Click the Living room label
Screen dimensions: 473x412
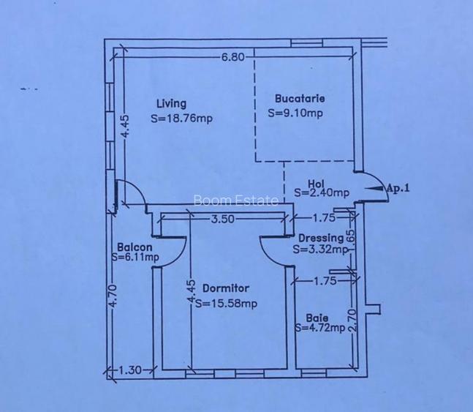[171, 104]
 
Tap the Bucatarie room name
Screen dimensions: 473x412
[300, 99]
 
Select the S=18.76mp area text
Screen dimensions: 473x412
[181, 118]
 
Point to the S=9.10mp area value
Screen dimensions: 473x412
[295, 113]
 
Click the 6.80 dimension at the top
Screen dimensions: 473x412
[233, 57]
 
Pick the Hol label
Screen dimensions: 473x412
[316, 184]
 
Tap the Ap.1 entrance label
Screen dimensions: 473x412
[398, 189]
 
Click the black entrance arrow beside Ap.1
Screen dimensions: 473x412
[374, 188]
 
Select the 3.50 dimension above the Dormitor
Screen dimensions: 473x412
[222, 219]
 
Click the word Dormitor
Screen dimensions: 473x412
[226, 288]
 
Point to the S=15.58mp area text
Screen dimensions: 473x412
[226, 303]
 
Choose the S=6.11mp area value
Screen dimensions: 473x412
[135, 257]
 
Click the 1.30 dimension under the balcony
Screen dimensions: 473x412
[129, 370]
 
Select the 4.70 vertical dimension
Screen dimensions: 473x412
[113, 296]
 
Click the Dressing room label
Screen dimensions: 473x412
[321, 238]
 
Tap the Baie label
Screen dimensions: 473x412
[317, 318]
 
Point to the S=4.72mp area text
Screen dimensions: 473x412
[320, 328]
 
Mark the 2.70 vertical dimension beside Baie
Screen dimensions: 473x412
[352, 321]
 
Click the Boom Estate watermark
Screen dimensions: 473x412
[236, 201]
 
